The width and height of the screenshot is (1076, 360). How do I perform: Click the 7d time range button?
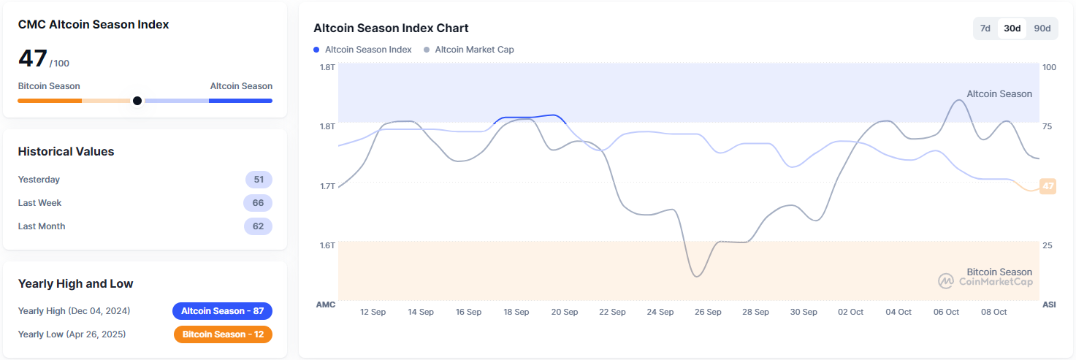pyautogui.click(x=985, y=28)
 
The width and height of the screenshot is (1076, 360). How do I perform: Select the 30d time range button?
pyautogui.click(x=1012, y=28)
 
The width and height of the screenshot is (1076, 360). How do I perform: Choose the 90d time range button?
pyautogui.click(x=1042, y=28)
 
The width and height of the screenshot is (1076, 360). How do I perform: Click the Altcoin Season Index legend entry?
pyautogui.click(x=363, y=50)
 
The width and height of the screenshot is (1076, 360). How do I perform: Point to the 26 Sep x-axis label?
pyautogui.click(x=708, y=312)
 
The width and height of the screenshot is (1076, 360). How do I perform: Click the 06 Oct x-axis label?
pyautogui.click(x=946, y=312)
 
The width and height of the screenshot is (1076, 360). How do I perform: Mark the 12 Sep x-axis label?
pyautogui.click(x=373, y=312)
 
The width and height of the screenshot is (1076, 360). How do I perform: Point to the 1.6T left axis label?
pyautogui.click(x=327, y=245)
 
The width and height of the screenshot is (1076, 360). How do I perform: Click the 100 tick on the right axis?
pyautogui.click(x=1049, y=67)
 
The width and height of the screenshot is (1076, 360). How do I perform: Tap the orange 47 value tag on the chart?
pyautogui.click(x=1048, y=186)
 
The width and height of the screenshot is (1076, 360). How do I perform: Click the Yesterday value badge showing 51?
pyautogui.click(x=258, y=180)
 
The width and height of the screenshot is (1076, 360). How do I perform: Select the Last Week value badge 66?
pyautogui.click(x=258, y=203)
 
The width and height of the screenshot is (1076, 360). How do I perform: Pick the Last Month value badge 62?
pyautogui.click(x=258, y=226)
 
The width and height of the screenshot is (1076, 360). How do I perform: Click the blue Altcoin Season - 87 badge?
pyautogui.click(x=222, y=311)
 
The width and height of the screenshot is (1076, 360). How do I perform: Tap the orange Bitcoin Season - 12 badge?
pyautogui.click(x=223, y=334)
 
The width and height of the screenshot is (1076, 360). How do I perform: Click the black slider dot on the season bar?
pyautogui.click(x=137, y=101)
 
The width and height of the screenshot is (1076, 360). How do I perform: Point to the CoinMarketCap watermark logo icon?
pyautogui.click(x=946, y=281)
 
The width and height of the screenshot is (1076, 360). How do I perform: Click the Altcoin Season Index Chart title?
pyautogui.click(x=391, y=28)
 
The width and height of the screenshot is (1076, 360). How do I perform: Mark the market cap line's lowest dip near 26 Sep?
pyautogui.click(x=697, y=276)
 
